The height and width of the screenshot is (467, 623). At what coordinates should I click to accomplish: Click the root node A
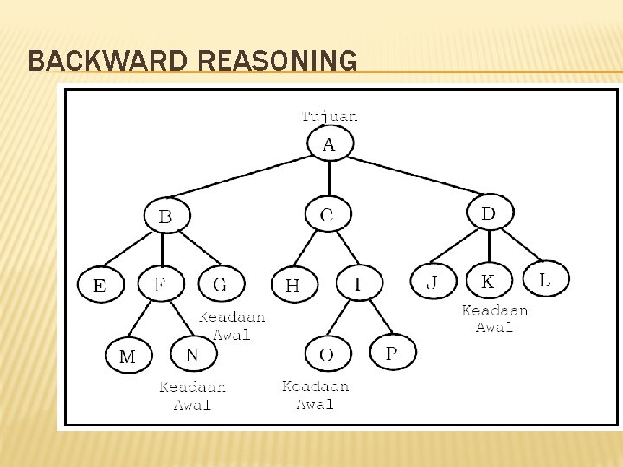[x=329, y=144]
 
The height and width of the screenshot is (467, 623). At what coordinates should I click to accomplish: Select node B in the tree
[x=165, y=215]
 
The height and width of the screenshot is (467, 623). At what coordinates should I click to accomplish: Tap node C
[x=328, y=214]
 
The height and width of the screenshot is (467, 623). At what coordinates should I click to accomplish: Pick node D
[x=490, y=212]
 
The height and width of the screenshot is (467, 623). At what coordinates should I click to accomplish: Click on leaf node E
[x=100, y=285]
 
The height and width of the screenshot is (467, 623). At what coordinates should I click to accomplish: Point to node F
[x=162, y=283]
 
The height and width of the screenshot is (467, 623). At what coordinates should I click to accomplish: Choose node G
[x=221, y=284]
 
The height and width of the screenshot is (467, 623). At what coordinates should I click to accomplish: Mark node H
[x=294, y=285]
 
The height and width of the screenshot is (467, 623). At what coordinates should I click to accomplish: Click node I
[x=358, y=282]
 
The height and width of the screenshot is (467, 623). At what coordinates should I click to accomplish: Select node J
[x=432, y=282]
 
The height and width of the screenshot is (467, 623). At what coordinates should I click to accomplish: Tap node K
[x=489, y=281]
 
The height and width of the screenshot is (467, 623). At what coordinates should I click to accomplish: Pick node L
[x=546, y=278]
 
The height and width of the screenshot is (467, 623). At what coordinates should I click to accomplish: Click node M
[x=128, y=355]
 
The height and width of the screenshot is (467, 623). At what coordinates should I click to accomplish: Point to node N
[x=192, y=353]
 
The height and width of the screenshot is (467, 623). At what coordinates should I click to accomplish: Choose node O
[x=327, y=353]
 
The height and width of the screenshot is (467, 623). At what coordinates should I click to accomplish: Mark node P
[x=393, y=351]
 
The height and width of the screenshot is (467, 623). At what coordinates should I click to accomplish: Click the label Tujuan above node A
[x=329, y=116]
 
